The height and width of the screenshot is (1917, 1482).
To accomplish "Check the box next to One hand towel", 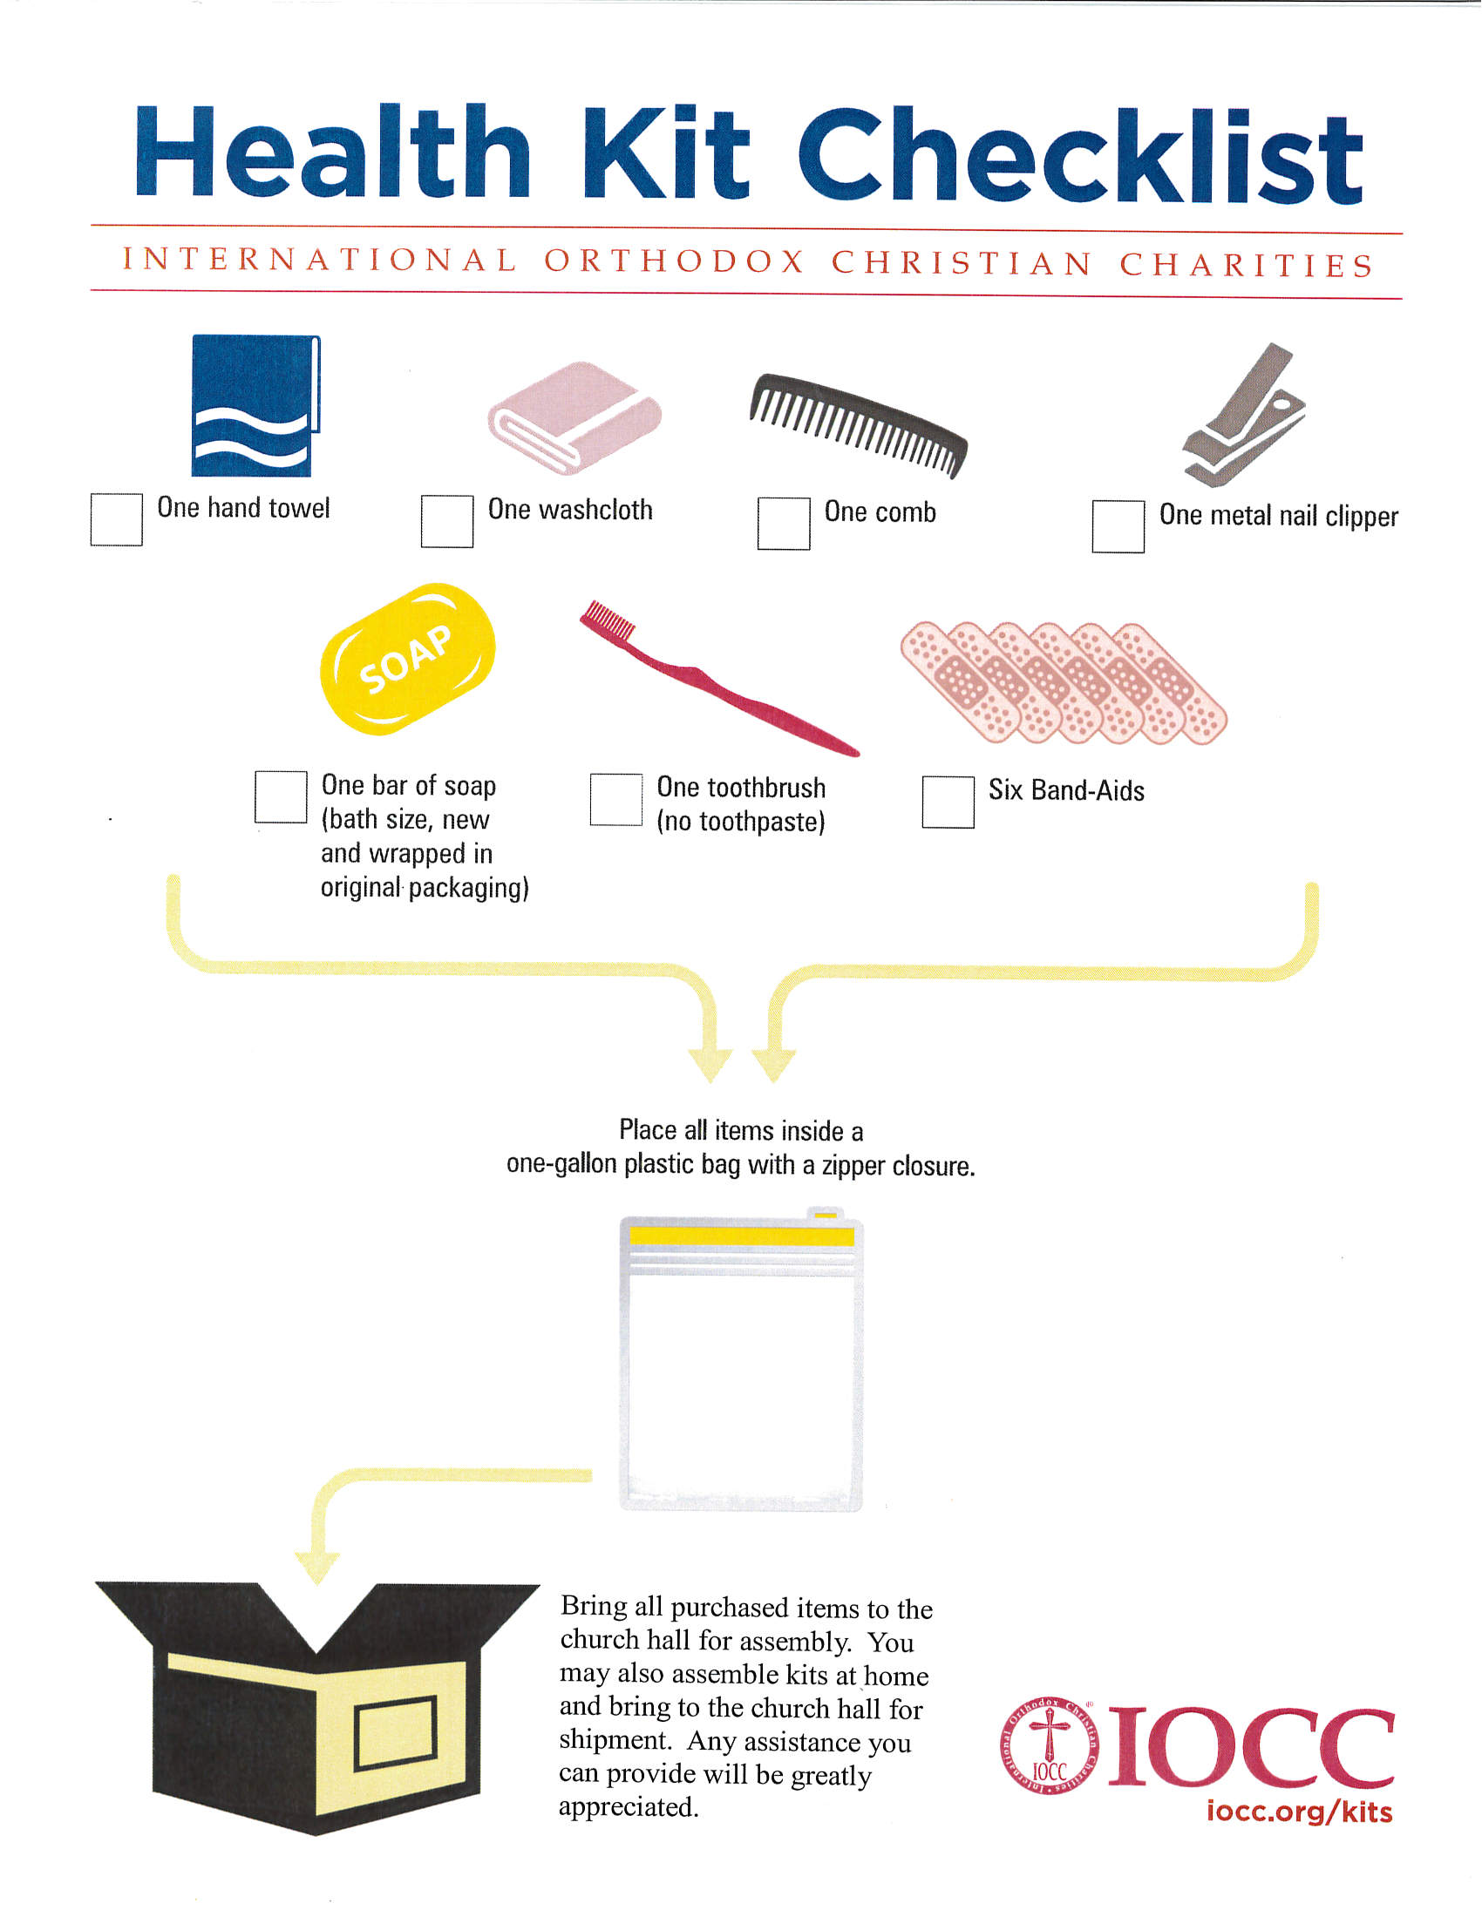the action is [117, 519].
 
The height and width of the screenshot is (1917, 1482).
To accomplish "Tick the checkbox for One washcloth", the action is [447, 521].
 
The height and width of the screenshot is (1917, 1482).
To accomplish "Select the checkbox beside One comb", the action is [784, 524].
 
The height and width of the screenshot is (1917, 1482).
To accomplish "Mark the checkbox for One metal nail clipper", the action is [1118, 526].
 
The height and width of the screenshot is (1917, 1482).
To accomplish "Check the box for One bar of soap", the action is [281, 797].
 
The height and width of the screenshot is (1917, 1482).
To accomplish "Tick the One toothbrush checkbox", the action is [616, 800].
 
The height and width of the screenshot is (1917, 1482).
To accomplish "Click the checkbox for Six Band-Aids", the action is [948, 803].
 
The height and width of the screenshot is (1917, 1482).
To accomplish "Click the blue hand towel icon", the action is [255, 405].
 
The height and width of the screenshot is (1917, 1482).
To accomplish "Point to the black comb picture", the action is [859, 424].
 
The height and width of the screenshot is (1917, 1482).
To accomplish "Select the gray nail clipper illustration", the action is [1244, 415].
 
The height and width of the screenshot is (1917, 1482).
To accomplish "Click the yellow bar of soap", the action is [407, 658].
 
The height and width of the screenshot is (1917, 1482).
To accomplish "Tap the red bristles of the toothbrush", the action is [608, 619].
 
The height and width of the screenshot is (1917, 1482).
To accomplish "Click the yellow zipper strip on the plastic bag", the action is [742, 1236].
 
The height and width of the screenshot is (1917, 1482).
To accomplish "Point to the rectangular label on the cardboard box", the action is [396, 1734].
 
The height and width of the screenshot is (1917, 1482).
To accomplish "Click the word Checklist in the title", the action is [1080, 155].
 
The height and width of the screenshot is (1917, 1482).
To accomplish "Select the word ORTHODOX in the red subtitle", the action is [674, 261].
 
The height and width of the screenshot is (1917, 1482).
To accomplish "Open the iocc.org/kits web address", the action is [1300, 1812].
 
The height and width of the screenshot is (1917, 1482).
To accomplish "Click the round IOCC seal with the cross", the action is [1049, 1746].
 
